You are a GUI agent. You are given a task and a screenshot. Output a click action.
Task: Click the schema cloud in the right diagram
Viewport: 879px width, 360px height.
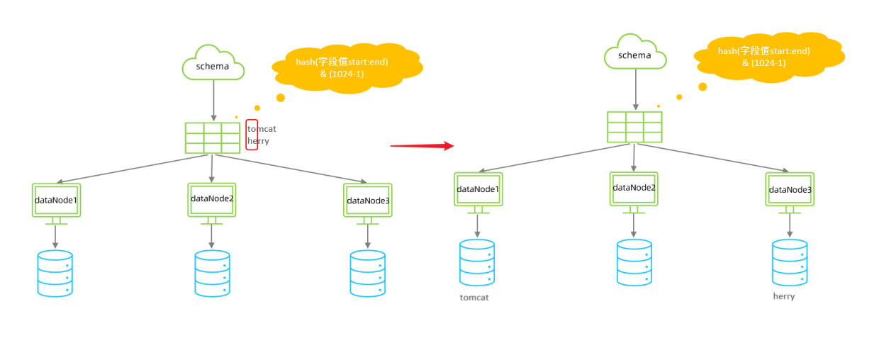click(x=634, y=53)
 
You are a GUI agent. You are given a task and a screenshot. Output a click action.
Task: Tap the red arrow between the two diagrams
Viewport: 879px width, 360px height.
click(x=422, y=146)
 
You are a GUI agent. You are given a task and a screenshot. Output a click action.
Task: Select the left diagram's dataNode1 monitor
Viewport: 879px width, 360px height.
click(x=56, y=201)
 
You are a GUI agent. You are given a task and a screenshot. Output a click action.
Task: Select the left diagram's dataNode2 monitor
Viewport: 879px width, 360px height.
click(x=212, y=199)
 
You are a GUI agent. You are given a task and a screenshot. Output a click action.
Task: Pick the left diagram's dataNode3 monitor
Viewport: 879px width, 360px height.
click(x=367, y=201)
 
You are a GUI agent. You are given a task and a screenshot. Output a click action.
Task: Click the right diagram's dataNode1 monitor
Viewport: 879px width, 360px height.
click(x=478, y=189)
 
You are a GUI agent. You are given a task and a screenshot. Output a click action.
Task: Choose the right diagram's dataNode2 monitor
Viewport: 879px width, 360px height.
click(x=634, y=189)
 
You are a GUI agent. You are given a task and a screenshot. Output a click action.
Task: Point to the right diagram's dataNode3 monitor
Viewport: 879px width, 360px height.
click(x=790, y=189)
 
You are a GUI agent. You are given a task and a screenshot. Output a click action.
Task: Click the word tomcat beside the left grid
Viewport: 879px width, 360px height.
click(x=262, y=129)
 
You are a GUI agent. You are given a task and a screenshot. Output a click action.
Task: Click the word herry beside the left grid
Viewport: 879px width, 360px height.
click(x=259, y=141)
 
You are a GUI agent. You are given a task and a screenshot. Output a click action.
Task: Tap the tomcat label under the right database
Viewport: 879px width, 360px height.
click(x=474, y=298)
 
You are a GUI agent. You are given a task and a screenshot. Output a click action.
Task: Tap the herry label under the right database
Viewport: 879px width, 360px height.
click(x=784, y=296)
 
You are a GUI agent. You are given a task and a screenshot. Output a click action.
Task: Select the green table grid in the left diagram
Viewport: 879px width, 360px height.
click(x=213, y=137)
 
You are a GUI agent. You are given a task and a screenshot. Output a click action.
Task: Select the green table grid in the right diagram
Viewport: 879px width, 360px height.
click(x=634, y=127)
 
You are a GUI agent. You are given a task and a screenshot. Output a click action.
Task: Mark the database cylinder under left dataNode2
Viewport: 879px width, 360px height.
click(x=212, y=274)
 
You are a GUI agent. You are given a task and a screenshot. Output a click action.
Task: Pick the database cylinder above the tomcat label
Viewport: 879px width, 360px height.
click(x=477, y=262)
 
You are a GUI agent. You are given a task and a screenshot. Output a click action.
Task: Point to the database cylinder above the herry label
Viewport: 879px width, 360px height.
click(x=790, y=262)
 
